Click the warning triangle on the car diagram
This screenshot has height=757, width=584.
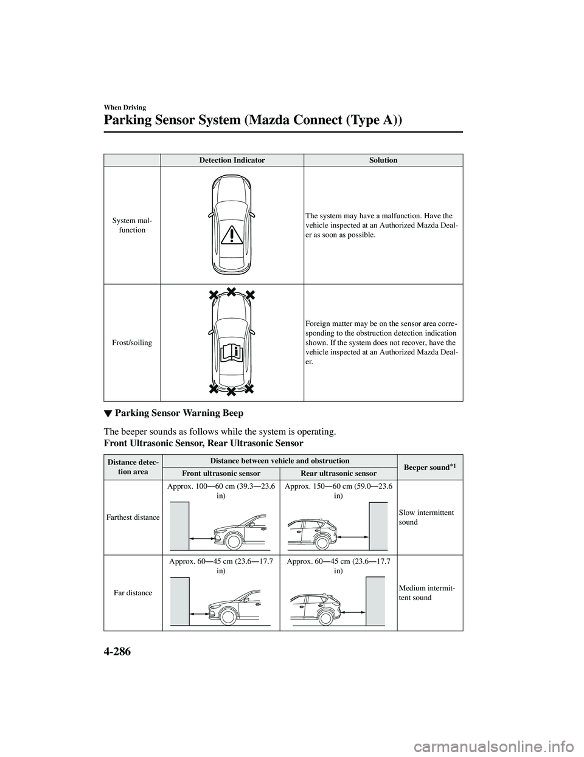coord(232,233)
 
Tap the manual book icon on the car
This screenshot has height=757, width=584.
coord(231,354)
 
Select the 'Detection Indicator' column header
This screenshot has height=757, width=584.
coord(231,160)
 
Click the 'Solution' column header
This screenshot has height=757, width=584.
coord(383,160)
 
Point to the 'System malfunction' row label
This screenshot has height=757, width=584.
coord(132,225)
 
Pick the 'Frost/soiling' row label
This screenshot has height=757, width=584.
coord(132,343)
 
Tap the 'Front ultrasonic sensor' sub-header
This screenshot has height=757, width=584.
coord(221,473)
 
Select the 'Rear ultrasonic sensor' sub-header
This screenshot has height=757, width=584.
coord(338,473)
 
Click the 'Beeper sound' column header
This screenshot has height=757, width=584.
coord(428,467)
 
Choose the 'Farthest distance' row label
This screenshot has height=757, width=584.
coord(132,517)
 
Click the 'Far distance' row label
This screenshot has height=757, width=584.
coord(132,593)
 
